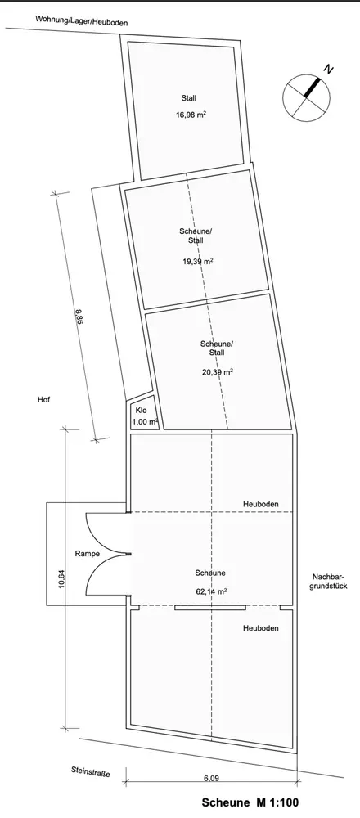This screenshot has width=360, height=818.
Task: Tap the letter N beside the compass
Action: coord(328,70)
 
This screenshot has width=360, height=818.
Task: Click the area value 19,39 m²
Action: coord(197,262)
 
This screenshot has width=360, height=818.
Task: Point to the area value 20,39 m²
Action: coord(217,372)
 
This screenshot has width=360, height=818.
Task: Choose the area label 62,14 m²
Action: coord(211,591)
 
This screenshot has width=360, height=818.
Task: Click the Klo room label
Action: coord(141,411)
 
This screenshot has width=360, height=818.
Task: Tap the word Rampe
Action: coord(87,554)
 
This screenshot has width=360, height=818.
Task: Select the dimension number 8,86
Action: coord(79,317)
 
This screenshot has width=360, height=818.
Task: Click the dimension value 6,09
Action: coord(211,779)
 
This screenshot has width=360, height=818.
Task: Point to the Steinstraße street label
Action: coord(91,772)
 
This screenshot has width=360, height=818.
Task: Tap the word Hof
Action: coord(43,400)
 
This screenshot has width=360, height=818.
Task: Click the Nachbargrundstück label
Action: coord(330,581)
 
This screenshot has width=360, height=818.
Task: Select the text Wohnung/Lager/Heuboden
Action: coord(81,22)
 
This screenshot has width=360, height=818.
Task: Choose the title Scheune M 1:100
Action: coord(250,802)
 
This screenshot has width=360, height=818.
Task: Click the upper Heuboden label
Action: coord(260,505)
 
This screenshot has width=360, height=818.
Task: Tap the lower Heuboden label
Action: coord(260,628)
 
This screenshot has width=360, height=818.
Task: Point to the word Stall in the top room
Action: coord(189,98)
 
